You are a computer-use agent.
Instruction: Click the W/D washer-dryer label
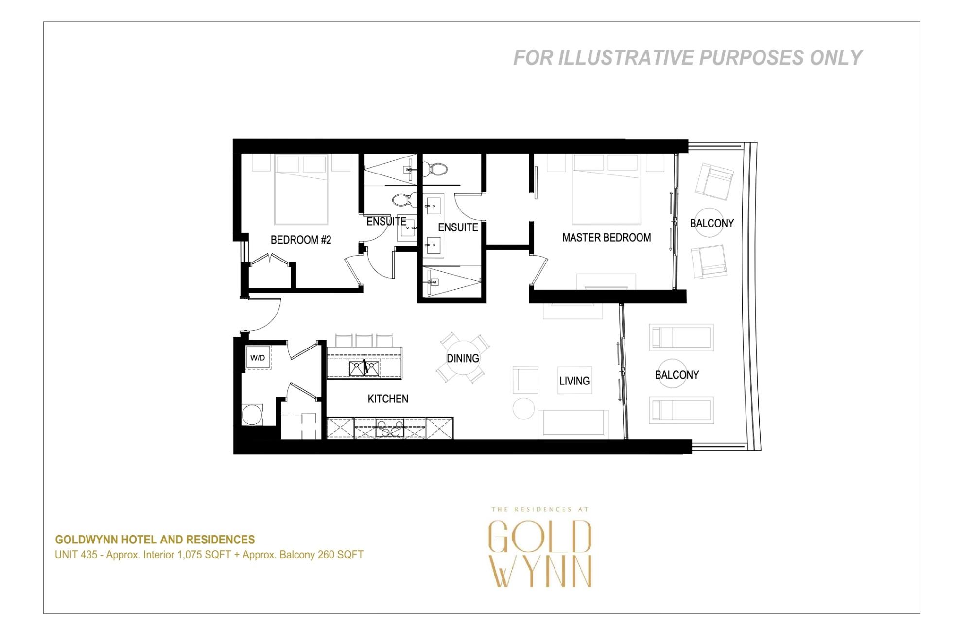(258, 358)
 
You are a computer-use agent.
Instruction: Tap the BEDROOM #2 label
(301, 240)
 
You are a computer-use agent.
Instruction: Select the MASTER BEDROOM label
(607, 238)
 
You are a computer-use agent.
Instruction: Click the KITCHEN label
(388, 399)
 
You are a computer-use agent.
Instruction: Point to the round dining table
(463, 358)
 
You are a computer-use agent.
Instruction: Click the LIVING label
(574, 381)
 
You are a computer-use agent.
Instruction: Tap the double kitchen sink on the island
(364, 368)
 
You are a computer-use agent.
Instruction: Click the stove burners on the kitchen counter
(390, 428)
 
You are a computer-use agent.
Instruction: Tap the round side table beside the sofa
(523, 408)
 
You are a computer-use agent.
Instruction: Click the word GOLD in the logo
(540, 537)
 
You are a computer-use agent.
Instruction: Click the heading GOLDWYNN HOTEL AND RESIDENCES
(155, 540)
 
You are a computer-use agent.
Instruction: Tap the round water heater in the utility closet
(252, 415)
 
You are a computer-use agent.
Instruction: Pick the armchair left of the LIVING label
(525, 380)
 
